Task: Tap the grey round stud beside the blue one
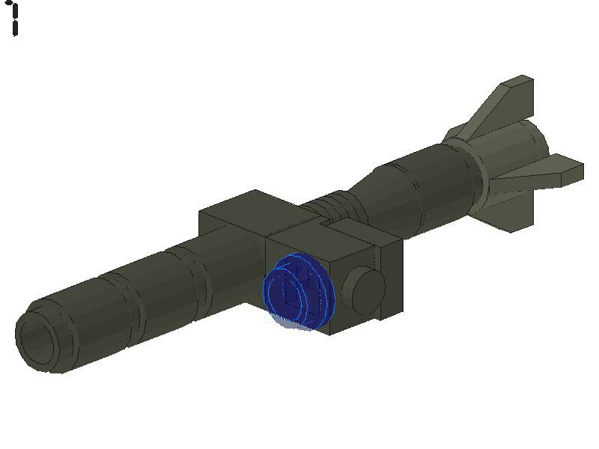click(x=365, y=290)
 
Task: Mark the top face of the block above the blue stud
click(x=329, y=232)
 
